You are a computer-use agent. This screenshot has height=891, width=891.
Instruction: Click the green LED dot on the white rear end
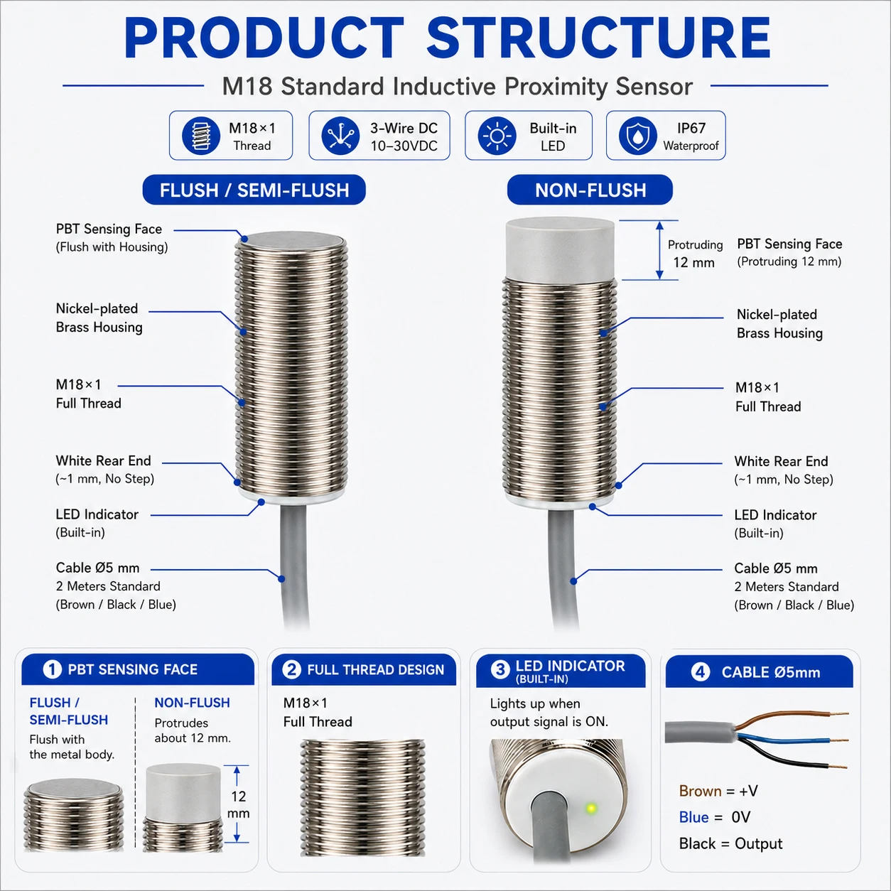[x=590, y=809]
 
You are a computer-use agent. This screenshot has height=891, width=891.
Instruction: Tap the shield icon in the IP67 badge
[x=638, y=136]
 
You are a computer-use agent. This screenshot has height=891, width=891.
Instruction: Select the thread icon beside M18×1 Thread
[x=200, y=136]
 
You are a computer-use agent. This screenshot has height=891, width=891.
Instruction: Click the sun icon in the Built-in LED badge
[x=497, y=136]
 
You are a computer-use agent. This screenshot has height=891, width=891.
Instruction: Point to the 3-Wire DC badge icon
[x=340, y=136]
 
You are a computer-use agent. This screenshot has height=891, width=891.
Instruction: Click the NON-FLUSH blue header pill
[x=590, y=190]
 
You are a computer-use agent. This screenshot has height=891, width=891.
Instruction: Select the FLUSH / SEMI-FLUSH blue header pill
[x=254, y=190]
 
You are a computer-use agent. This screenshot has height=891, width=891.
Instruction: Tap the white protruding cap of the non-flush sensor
[x=560, y=249]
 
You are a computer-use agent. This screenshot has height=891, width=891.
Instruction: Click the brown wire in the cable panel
[x=792, y=718]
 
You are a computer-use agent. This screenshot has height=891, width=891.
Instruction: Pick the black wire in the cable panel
[x=792, y=757]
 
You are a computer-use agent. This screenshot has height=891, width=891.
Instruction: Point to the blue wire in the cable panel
[x=792, y=737]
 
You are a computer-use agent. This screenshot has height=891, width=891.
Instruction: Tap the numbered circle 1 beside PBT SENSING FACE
[x=53, y=669]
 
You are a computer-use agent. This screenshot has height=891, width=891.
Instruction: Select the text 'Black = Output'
[x=730, y=844]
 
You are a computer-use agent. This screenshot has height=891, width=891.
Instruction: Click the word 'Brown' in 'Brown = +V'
[x=700, y=791]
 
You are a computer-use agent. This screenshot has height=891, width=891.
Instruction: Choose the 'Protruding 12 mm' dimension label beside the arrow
[x=695, y=254]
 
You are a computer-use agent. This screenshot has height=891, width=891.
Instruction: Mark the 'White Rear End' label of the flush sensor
[x=104, y=460]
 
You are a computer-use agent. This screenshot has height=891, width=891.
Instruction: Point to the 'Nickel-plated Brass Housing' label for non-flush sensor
[x=779, y=324]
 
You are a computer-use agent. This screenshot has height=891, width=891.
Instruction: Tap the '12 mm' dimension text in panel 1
[x=239, y=804]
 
